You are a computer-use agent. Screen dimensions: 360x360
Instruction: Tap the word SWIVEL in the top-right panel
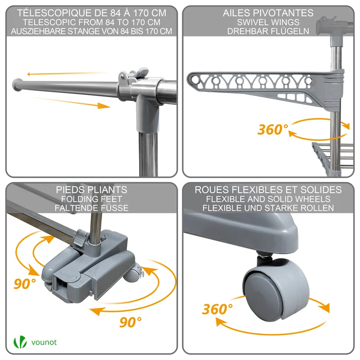tap(251, 22)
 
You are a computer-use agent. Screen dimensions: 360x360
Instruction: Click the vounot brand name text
tap(44, 342)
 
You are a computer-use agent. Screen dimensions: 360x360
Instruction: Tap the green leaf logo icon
tap(20, 342)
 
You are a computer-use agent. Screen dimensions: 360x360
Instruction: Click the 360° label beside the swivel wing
tap(273, 129)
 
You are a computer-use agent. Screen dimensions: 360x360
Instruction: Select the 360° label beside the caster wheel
tap(217, 309)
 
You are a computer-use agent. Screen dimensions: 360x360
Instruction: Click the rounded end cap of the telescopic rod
tap(17, 85)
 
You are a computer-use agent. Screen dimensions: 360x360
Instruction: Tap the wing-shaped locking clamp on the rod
tap(134, 75)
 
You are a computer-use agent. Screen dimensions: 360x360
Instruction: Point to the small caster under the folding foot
tap(133, 275)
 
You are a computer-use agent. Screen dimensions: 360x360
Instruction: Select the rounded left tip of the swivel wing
tap(193, 79)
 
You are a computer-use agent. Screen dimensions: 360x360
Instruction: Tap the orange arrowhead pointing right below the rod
tap(104, 106)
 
